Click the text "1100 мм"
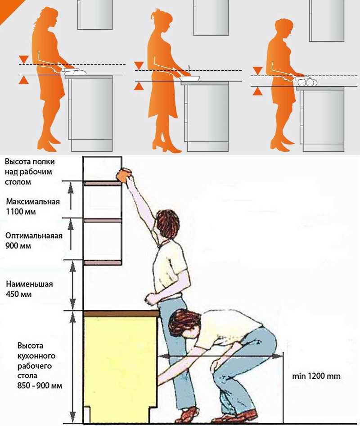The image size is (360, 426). pyautogui.click(x=21, y=212)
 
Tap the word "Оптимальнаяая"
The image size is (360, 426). pyautogui.click(x=34, y=236)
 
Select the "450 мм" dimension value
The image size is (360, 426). pyautogui.click(x=19, y=294)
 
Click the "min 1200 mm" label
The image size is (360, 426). pyautogui.click(x=316, y=376)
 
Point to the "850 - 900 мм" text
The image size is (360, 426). pyautogui.click(x=40, y=385)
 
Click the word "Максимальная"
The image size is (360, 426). pyautogui.click(x=33, y=202)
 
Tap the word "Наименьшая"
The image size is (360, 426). pyautogui.click(x=29, y=284)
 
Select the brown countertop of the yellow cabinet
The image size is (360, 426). pyautogui.click(x=121, y=314)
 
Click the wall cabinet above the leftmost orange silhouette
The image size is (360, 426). pyautogui.click(x=95, y=14)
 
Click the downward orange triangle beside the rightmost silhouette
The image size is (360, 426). pyautogui.click(x=257, y=70)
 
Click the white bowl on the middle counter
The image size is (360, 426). pyautogui.click(x=190, y=78)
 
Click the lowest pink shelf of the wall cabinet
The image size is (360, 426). pyautogui.click(x=102, y=263)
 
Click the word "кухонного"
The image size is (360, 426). pyautogui.click(x=36, y=356)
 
